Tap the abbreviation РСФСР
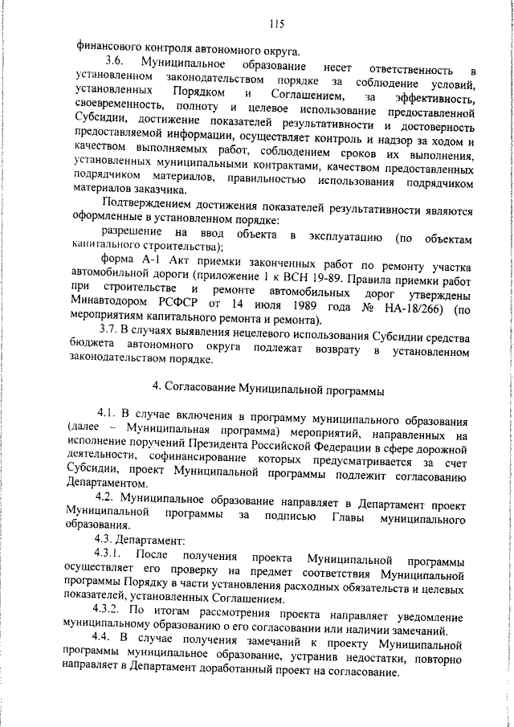click(183, 308)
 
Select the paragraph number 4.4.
click(108, 658)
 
